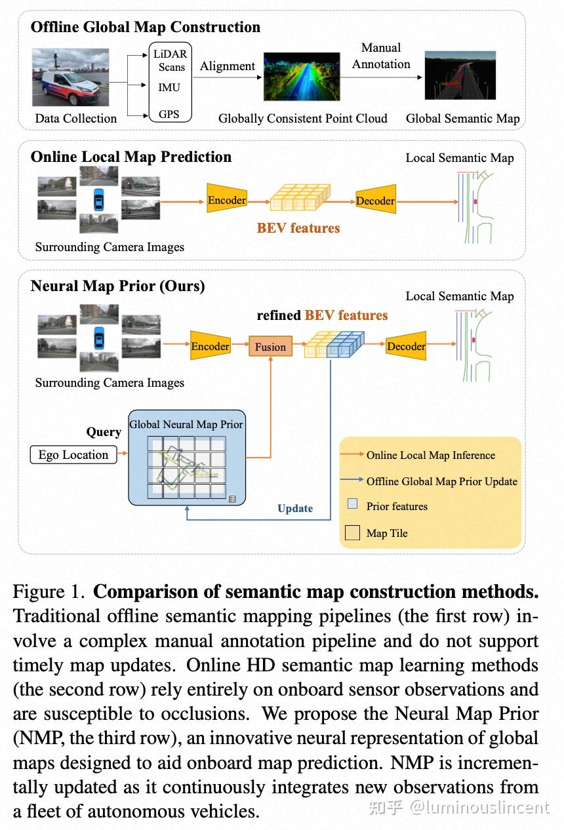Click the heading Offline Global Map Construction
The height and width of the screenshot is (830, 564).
coord(145,28)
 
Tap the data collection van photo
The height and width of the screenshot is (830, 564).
coord(70,77)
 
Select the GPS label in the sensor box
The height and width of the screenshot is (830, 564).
coord(169,113)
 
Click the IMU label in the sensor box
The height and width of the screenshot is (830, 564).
coord(169,87)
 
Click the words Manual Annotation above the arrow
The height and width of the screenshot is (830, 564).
coord(381,56)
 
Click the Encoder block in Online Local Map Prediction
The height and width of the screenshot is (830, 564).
coord(226,201)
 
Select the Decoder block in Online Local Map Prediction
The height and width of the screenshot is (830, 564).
coord(375,201)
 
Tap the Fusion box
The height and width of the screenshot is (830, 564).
coord(270,347)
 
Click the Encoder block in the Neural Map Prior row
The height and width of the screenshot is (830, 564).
coord(210,346)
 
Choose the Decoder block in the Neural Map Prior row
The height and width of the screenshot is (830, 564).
coord(406,346)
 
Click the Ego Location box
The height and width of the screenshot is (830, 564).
coord(73,455)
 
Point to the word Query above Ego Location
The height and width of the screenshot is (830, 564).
coord(104,432)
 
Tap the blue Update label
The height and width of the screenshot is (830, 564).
coord(295,509)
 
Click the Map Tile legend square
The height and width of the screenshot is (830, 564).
coord(352,532)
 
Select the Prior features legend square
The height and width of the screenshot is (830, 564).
coord(352,504)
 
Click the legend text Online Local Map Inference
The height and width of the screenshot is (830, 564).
coord(430,455)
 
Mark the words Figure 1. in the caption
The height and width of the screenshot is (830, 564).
coord(49,592)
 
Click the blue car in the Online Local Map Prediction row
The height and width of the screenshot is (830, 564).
coord(98,199)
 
